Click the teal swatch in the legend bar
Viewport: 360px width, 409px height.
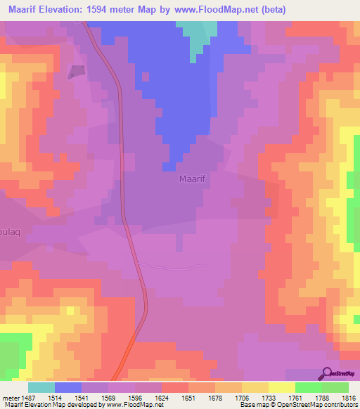(41, 387)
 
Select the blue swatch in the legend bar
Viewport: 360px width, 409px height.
(68, 387)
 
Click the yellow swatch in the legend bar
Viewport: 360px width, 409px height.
(282, 387)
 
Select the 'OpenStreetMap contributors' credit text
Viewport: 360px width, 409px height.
(321, 405)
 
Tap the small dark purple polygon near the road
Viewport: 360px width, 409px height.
(76, 71)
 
